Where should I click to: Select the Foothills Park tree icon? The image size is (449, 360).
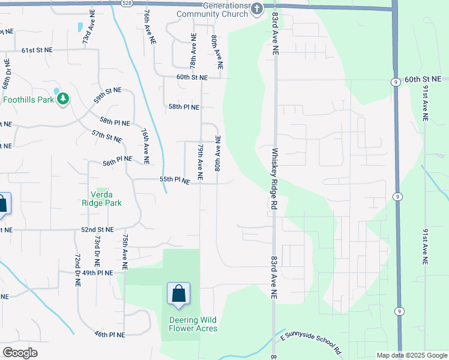pos(63,98)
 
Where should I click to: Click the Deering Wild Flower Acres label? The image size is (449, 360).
pos(193,324)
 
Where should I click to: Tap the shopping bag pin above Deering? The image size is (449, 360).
pos(178,294)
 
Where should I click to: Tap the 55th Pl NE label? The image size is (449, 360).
pos(175,180)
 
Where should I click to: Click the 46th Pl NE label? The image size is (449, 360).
pos(109,334)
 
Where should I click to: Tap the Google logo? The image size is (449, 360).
pos(20,353)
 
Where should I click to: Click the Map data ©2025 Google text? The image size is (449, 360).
pos(411,355)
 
